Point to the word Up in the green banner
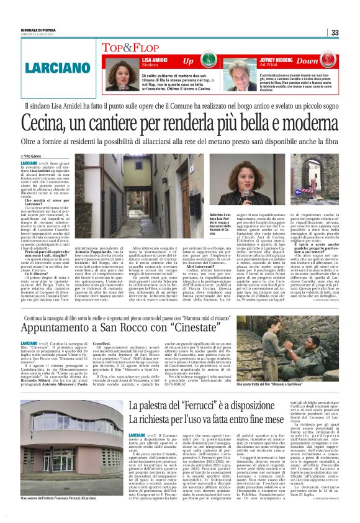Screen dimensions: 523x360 (188, 61)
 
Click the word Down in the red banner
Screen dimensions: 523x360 (307, 61)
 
